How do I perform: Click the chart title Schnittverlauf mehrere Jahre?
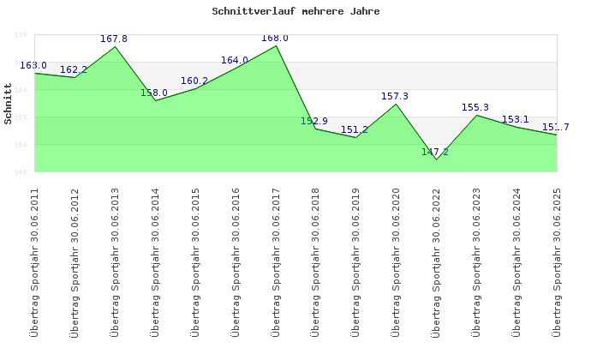coord(295,12)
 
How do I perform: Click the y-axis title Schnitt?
coord(9,104)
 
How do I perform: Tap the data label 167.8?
coord(114,39)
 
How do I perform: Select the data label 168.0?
coord(275,39)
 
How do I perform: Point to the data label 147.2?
coord(435,153)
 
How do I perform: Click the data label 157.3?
coord(395,97)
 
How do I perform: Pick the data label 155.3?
coord(475,108)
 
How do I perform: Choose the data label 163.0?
coord(33,66)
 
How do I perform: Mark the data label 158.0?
coord(154,93)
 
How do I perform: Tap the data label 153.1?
coord(516,120)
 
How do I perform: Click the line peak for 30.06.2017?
coord(276,45)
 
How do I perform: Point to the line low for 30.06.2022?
coord(436,159)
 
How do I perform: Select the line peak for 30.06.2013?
coord(116,46)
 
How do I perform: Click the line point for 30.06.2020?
coord(396,104)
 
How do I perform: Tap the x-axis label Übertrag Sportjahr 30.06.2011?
coord(35,261)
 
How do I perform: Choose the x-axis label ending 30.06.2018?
coord(316,261)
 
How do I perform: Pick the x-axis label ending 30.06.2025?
coord(557,261)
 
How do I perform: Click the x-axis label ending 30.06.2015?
coord(196,261)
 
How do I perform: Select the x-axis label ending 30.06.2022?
coord(437,261)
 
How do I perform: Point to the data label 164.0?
coord(235,61)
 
